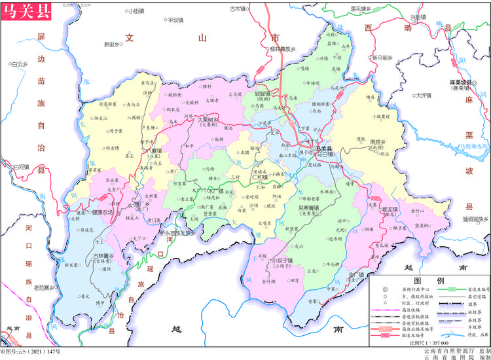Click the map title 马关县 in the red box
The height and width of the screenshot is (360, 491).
click(26, 11)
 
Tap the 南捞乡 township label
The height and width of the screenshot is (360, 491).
click(379, 141)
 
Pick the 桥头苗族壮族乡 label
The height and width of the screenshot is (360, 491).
click(177, 232)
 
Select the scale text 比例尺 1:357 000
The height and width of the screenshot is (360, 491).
click(428, 343)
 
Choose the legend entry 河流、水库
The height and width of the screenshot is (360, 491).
click(473, 333)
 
